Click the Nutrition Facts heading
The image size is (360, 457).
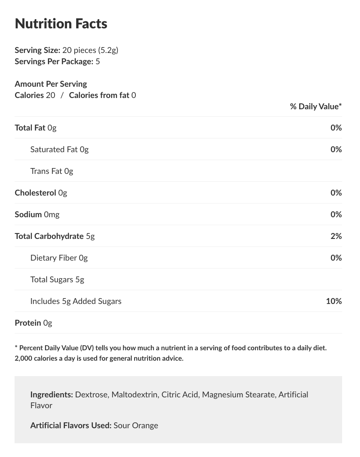click(x=61, y=24)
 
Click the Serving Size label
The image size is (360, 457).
click(x=37, y=50)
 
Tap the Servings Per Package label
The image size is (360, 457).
click(x=54, y=61)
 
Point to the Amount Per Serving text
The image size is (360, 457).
click(x=51, y=84)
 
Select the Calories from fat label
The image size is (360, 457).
click(x=99, y=95)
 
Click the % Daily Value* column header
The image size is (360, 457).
click(x=315, y=106)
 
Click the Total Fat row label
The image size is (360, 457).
click(x=30, y=128)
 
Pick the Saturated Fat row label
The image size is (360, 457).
click(x=54, y=149)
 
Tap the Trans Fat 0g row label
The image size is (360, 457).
click(x=52, y=171)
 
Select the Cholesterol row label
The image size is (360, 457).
click(x=35, y=193)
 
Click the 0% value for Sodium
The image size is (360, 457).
click(x=336, y=214)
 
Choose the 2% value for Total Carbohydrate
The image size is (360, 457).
click(x=336, y=236)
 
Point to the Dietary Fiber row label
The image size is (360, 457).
click(x=54, y=258)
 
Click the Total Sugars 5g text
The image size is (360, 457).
click(x=57, y=279)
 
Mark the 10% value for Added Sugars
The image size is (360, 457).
click(x=334, y=301)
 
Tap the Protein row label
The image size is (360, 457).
click(x=28, y=323)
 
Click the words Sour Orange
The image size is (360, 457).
click(x=136, y=425)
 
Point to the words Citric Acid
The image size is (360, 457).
click(x=180, y=394)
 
